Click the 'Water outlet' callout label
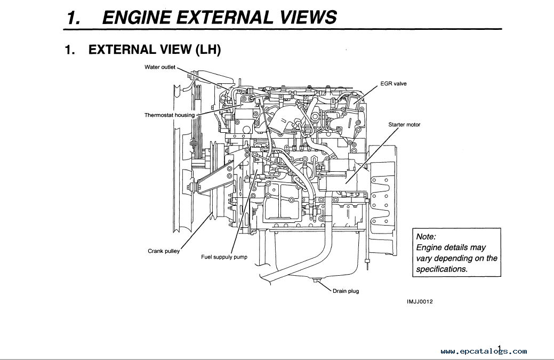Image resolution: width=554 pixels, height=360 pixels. click(x=160, y=67)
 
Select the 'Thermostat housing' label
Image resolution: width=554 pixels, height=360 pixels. click(x=169, y=115)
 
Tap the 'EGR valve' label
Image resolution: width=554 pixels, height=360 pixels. click(x=394, y=84)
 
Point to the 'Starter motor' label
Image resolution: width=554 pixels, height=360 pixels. click(x=404, y=125)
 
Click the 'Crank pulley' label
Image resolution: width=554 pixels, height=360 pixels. click(x=164, y=251)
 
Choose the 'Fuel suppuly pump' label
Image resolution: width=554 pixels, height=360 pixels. click(x=224, y=257)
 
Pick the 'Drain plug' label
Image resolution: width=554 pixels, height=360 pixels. click(x=346, y=291)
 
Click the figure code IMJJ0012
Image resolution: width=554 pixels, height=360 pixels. click(x=420, y=301)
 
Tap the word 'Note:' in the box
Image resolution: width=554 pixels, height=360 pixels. click(x=426, y=236)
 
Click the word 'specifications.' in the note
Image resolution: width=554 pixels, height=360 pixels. click(x=441, y=269)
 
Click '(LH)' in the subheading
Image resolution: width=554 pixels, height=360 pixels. click(x=208, y=50)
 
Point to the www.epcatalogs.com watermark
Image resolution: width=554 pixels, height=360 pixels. click(x=484, y=351)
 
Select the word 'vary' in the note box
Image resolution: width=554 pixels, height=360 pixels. click(x=424, y=258)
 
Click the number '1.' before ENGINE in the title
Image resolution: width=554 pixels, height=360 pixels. click(x=74, y=17)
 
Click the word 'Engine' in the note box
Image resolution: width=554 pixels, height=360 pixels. click(x=430, y=247)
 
